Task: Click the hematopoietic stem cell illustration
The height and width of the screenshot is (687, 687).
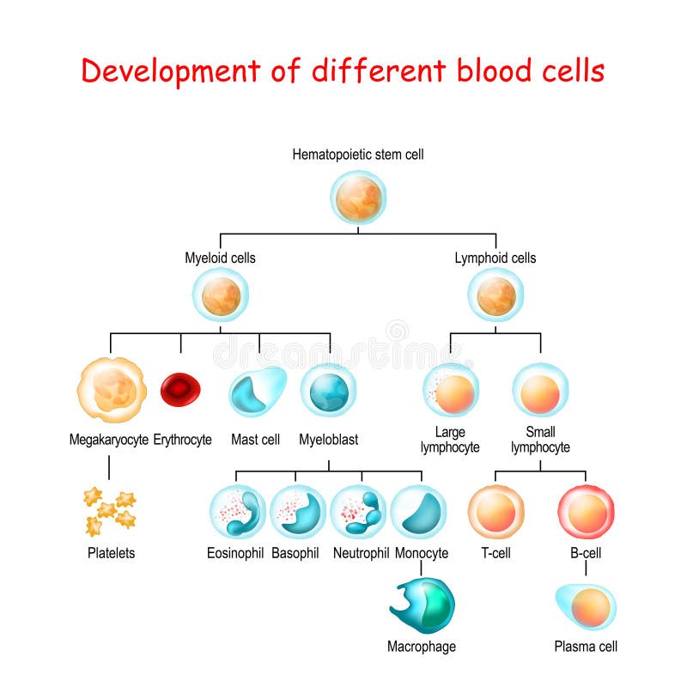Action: point(359,198)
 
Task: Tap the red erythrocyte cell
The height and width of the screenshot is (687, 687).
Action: point(181,389)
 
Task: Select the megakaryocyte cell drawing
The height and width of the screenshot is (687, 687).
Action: point(112,391)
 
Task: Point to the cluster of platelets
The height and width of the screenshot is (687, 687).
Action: point(109,510)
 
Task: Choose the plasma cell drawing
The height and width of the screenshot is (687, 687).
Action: point(587,607)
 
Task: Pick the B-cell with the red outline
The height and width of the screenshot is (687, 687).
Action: point(587,512)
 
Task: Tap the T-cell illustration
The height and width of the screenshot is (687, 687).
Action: point(495,512)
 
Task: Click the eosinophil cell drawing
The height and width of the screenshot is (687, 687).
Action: point(237,512)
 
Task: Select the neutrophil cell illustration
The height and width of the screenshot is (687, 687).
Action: point(358,512)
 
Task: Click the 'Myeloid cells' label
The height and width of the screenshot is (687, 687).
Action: point(220,258)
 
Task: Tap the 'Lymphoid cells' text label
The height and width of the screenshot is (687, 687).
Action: point(495,258)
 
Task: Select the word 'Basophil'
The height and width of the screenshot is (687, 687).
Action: point(295,553)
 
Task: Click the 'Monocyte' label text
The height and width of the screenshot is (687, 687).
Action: point(422,553)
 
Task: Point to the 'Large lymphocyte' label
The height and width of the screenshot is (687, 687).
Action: point(450,440)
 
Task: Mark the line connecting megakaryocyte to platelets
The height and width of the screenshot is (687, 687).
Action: point(109,467)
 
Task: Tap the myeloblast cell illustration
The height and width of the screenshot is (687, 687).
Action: point(329,392)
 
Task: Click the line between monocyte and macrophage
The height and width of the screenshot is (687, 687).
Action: point(421,569)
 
